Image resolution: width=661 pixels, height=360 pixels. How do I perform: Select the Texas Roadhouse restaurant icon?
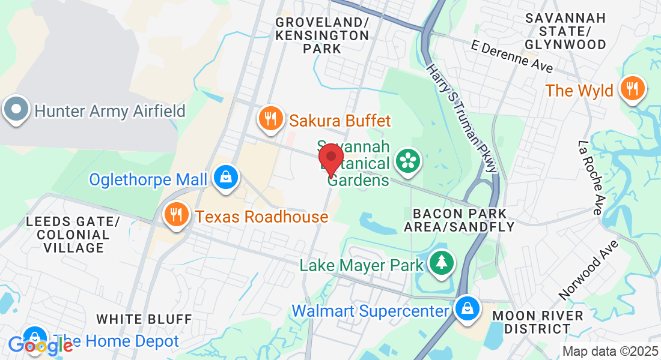[176, 215]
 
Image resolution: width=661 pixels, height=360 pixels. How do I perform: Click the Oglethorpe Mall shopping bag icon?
[226, 178]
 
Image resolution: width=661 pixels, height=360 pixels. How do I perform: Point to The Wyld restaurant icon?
[632, 89]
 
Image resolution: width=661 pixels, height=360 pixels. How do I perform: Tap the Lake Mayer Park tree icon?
[442, 262]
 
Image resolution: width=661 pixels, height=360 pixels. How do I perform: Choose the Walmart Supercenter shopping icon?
[466, 309]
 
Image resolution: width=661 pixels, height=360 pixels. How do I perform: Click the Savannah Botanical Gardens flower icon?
[409, 161]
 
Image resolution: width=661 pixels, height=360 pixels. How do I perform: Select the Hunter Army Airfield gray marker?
[16, 110]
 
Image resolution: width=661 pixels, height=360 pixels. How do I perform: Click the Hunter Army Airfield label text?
[110, 111]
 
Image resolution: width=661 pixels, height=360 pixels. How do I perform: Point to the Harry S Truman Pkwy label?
[462, 119]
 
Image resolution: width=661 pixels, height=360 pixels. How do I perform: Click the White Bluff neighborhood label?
[144, 319]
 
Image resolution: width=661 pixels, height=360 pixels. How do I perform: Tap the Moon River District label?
[538, 322]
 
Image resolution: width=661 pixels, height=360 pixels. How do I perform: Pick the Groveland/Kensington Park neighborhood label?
[322, 35]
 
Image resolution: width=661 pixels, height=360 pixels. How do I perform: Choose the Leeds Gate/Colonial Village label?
[67, 235]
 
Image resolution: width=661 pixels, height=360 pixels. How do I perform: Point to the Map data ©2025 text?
[609, 351]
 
